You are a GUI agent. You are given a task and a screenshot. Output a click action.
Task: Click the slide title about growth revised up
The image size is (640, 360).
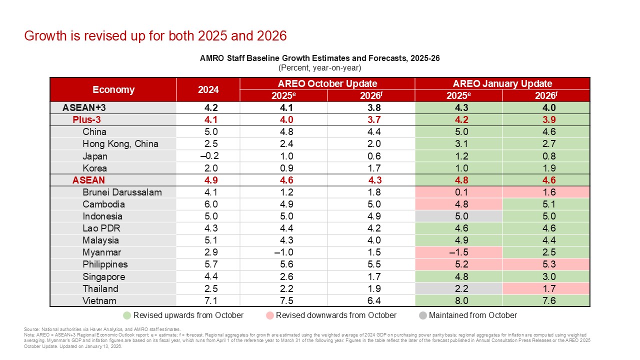click(x=155, y=36)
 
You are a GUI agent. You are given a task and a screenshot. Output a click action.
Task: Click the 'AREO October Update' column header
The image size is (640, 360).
click(x=327, y=83)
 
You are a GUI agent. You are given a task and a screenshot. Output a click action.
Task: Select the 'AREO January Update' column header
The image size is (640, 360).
click(x=502, y=83)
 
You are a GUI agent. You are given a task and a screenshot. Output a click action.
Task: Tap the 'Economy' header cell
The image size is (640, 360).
click(x=113, y=89)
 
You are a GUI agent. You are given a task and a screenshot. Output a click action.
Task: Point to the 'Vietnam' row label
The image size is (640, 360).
click(x=99, y=300)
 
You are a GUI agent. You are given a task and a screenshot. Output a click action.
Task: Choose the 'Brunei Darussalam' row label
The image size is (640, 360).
click(x=122, y=192)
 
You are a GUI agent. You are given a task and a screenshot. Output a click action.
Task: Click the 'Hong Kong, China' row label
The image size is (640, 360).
click(x=120, y=144)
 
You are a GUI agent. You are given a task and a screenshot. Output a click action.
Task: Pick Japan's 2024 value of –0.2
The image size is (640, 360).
click(x=208, y=156)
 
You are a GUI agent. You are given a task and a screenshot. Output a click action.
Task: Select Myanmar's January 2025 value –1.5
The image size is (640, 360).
click(x=458, y=252)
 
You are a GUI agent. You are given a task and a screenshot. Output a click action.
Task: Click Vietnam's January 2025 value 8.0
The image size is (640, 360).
click(x=458, y=300)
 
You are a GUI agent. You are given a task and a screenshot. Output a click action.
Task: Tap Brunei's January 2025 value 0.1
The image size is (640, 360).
click(x=458, y=192)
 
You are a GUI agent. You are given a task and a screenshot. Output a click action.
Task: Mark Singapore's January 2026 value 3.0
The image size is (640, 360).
click(x=546, y=276)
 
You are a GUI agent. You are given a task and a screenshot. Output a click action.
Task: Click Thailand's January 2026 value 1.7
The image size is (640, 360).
click(x=546, y=288)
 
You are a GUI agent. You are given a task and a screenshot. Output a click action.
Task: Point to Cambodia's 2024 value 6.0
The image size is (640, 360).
click(x=208, y=204)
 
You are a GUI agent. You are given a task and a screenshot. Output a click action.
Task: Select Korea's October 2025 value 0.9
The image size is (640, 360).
click(x=283, y=168)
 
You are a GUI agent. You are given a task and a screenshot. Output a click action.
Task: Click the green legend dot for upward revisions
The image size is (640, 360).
click(x=127, y=315)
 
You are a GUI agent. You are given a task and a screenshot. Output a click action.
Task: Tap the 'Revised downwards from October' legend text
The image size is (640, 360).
click(x=336, y=315)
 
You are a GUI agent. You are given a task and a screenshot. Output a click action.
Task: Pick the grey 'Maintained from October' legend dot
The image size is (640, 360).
click(x=422, y=315)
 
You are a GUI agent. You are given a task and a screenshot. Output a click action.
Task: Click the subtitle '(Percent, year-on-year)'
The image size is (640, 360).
click(x=319, y=67)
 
